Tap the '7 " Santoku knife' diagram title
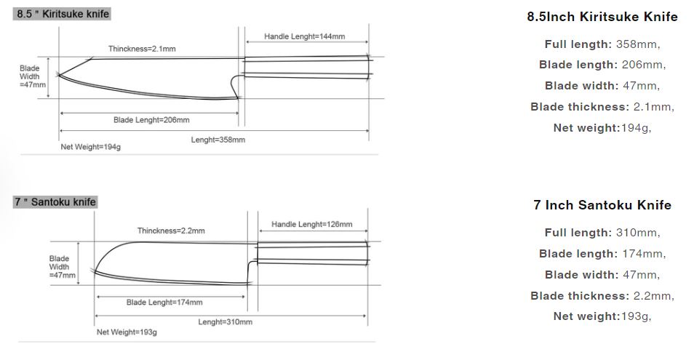(55, 201)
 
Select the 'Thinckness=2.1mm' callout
(142, 49)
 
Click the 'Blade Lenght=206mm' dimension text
(151, 120)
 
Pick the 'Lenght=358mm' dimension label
(218, 140)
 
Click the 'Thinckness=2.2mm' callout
(171, 231)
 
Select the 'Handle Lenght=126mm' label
(312, 224)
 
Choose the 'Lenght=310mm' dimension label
(226, 321)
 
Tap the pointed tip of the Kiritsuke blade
(60, 73)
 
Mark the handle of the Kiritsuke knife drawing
(306, 67)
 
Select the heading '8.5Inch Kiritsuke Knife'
(602, 17)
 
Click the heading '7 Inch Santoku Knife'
(602, 205)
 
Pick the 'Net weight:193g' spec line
(602, 316)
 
